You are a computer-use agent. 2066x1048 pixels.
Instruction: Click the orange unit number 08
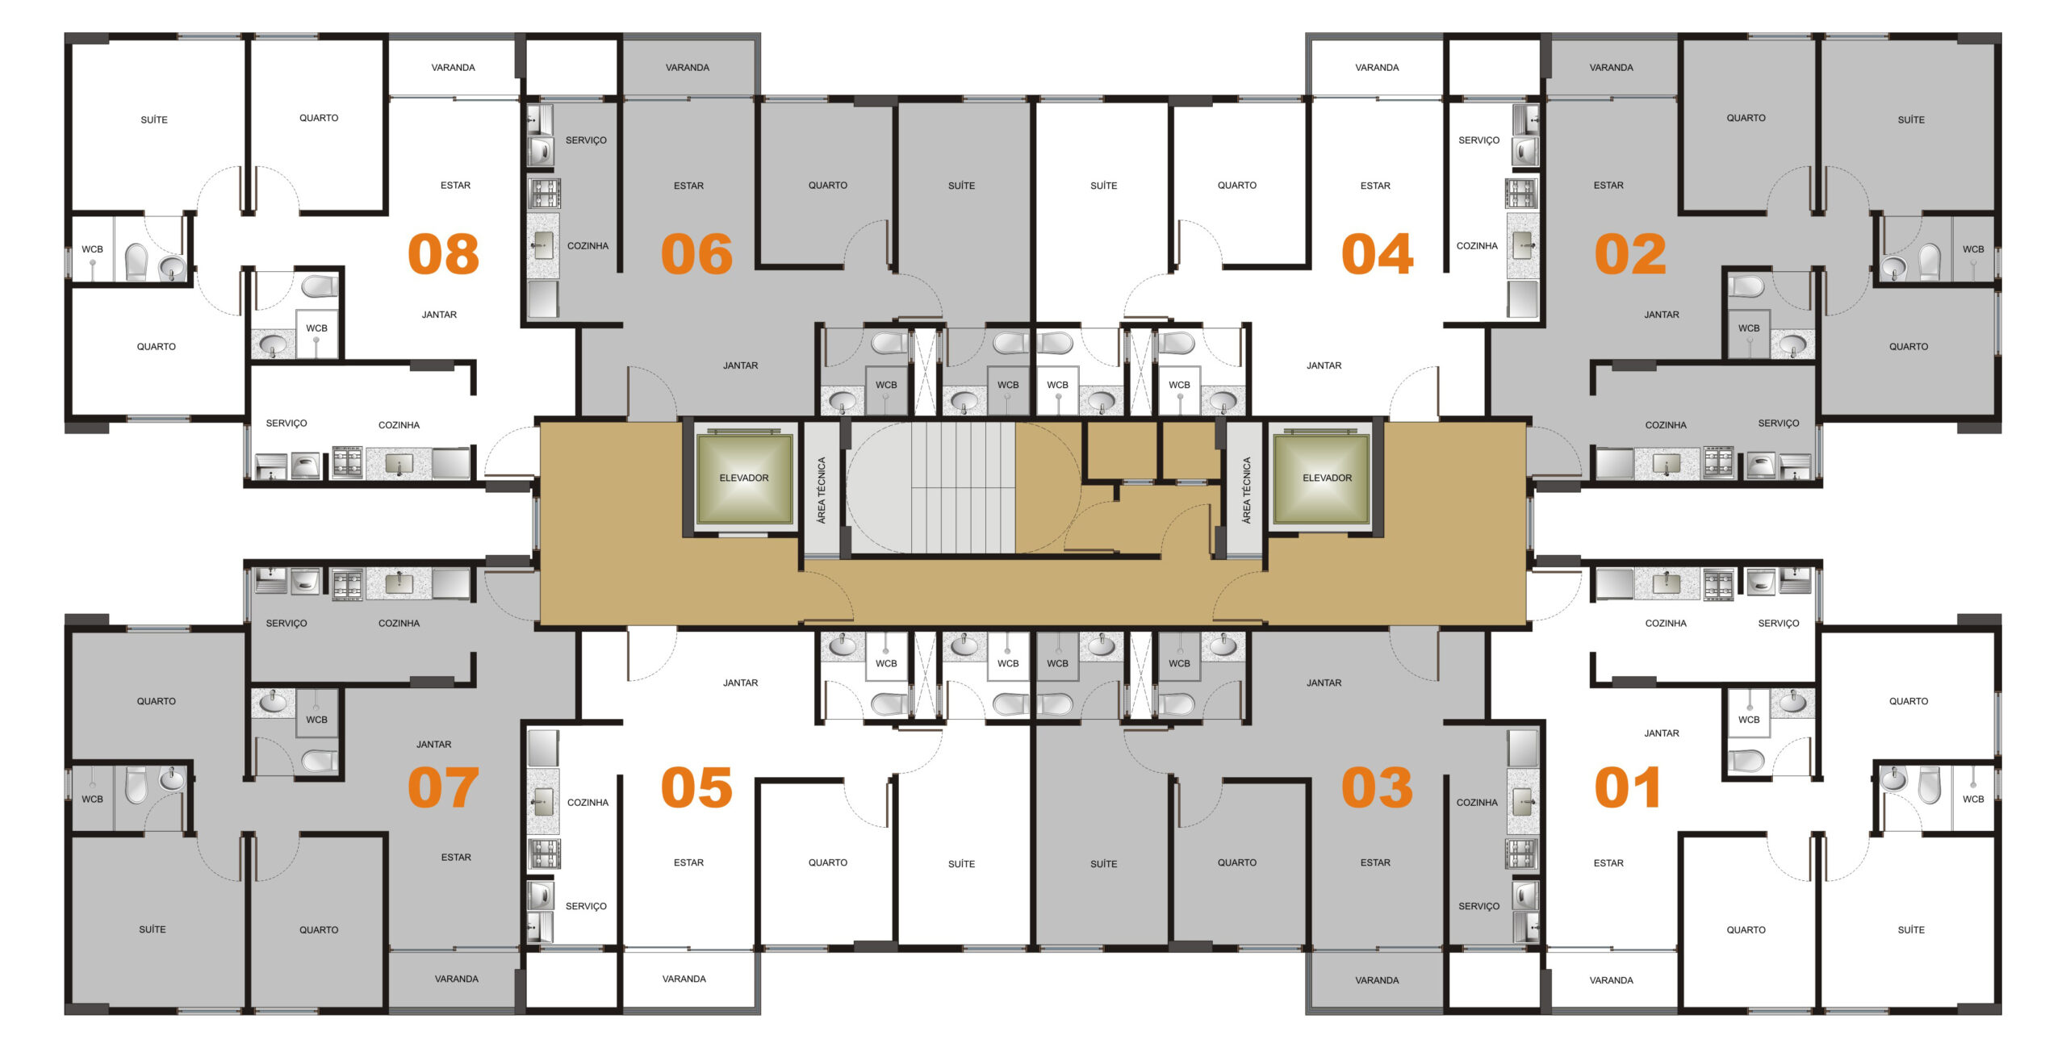tap(443, 254)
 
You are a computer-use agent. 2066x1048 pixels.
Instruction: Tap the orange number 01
tap(1628, 787)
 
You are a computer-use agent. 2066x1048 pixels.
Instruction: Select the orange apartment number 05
tap(696, 787)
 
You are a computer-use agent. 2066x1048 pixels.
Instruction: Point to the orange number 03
tap(1377, 787)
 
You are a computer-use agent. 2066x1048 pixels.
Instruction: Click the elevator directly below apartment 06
tap(744, 478)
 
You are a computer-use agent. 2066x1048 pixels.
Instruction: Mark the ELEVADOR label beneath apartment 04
tap(1327, 478)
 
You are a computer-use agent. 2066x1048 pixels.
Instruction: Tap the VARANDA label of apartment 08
tap(453, 68)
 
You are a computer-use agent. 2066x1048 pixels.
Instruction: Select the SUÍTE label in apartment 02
tap(1911, 119)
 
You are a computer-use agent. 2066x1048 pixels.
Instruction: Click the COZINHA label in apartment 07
tap(399, 623)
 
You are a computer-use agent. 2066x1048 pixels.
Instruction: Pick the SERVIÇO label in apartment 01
tap(1779, 623)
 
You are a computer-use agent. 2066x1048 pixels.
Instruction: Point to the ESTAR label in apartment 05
tap(688, 862)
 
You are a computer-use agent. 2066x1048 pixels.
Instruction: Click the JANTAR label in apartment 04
tap(1324, 365)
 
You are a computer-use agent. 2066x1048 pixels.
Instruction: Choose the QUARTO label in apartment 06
tap(828, 185)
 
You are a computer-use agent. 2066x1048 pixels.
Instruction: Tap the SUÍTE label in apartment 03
tap(1104, 863)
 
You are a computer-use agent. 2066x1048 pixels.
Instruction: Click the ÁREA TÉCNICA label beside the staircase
tap(822, 491)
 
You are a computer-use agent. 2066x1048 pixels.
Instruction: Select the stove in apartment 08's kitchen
tap(347, 462)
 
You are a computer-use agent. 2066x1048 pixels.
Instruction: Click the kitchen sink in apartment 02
tap(1667, 464)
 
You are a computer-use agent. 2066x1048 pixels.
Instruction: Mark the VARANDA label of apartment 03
tap(1377, 980)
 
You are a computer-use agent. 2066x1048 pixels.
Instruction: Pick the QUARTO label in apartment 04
tap(1237, 185)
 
